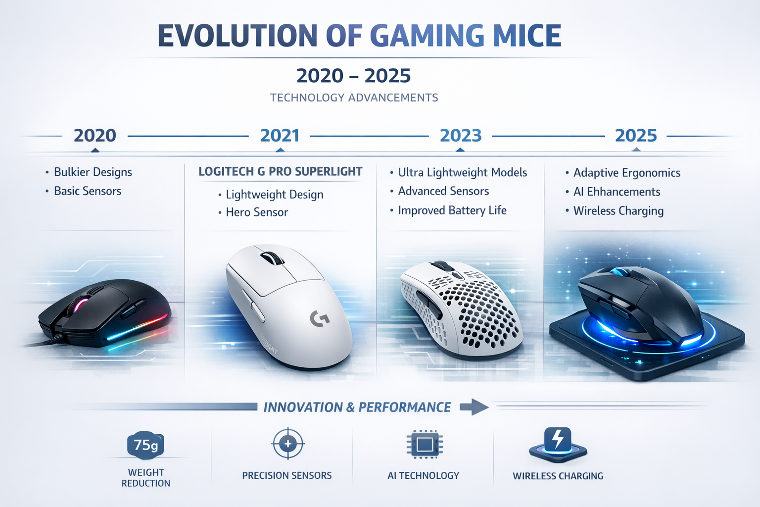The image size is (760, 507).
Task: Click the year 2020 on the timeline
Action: click(95, 136)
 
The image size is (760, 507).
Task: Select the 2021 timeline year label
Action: click(280, 136)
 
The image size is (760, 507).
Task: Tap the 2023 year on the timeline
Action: click(461, 136)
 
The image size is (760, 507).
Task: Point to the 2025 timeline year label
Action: click(636, 136)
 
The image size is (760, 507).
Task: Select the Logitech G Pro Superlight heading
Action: click(280, 172)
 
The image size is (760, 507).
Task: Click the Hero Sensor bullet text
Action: click(257, 212)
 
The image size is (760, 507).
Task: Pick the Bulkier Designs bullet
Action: click(93, 172)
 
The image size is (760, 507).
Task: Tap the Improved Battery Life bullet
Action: click(452, 210)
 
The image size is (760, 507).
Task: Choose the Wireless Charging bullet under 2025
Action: click(618, 211)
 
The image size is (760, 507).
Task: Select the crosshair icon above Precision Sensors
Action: click(288, 444)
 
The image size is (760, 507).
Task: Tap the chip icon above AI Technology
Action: click(424, 444)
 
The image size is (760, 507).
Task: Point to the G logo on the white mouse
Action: click(320, 318)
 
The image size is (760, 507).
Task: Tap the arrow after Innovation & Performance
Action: click(474, 407)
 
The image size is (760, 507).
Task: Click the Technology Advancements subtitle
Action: click(354, 98)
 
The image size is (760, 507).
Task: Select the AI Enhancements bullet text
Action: click(617, 192)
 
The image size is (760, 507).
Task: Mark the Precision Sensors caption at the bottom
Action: click(286, 476)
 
